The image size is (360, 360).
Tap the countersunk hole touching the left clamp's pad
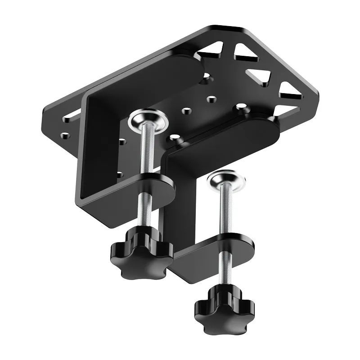pos(207,77)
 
